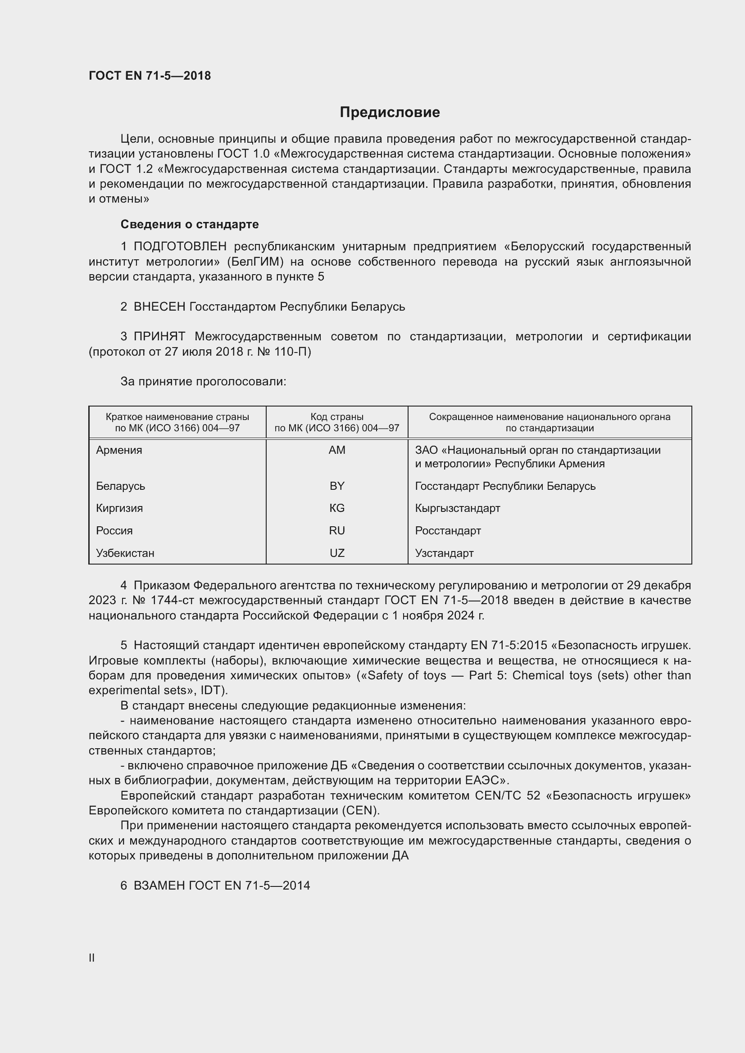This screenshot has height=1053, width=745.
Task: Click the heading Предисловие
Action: [390, 113]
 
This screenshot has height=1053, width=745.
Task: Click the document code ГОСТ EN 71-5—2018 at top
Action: [150, 76]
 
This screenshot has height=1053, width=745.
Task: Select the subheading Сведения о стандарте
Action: [190, 224]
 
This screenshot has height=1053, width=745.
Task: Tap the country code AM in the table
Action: [337, 450]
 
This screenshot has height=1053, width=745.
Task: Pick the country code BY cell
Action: [337, 486]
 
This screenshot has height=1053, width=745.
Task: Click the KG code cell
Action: [337, 508]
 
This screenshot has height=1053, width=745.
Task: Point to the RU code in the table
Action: [337, 531]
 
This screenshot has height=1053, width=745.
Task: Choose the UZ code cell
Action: [337, 553]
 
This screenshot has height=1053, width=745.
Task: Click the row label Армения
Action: [119, 450]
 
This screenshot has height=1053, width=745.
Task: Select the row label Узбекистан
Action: [125, 553]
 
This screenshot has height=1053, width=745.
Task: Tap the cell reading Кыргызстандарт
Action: [457, 508]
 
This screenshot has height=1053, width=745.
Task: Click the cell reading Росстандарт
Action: [448, 531]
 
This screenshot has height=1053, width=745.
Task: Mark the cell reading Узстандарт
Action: [444, 553]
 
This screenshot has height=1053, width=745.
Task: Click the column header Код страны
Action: [337, 417]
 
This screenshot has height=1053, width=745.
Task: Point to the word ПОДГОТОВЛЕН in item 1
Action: [180, 247]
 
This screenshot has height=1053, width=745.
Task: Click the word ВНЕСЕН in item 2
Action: [159, 307]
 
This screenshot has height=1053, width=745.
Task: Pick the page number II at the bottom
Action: [92, 958]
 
